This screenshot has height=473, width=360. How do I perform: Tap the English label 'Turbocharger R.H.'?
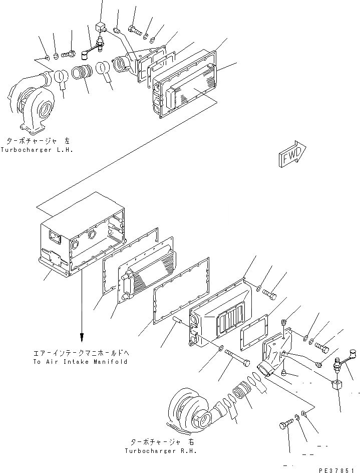(161, 450)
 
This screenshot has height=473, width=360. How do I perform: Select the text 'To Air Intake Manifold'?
(80, 361)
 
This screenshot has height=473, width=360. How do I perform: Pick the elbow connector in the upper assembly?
(126, 65)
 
